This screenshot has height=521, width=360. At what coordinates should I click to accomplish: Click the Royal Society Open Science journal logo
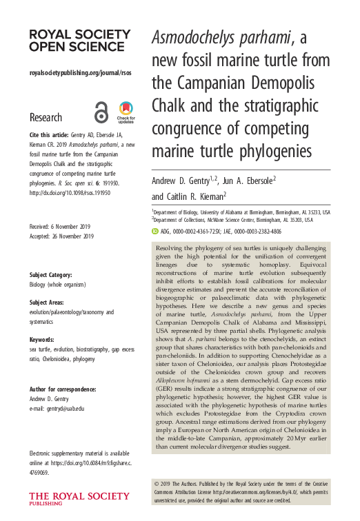(x=79, y=40)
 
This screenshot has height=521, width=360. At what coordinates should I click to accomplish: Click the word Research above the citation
(x=46, y=117)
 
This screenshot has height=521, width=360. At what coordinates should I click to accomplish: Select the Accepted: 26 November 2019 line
(x=61, y=236)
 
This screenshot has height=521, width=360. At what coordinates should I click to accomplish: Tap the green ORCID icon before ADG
(x=155, y=232)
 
